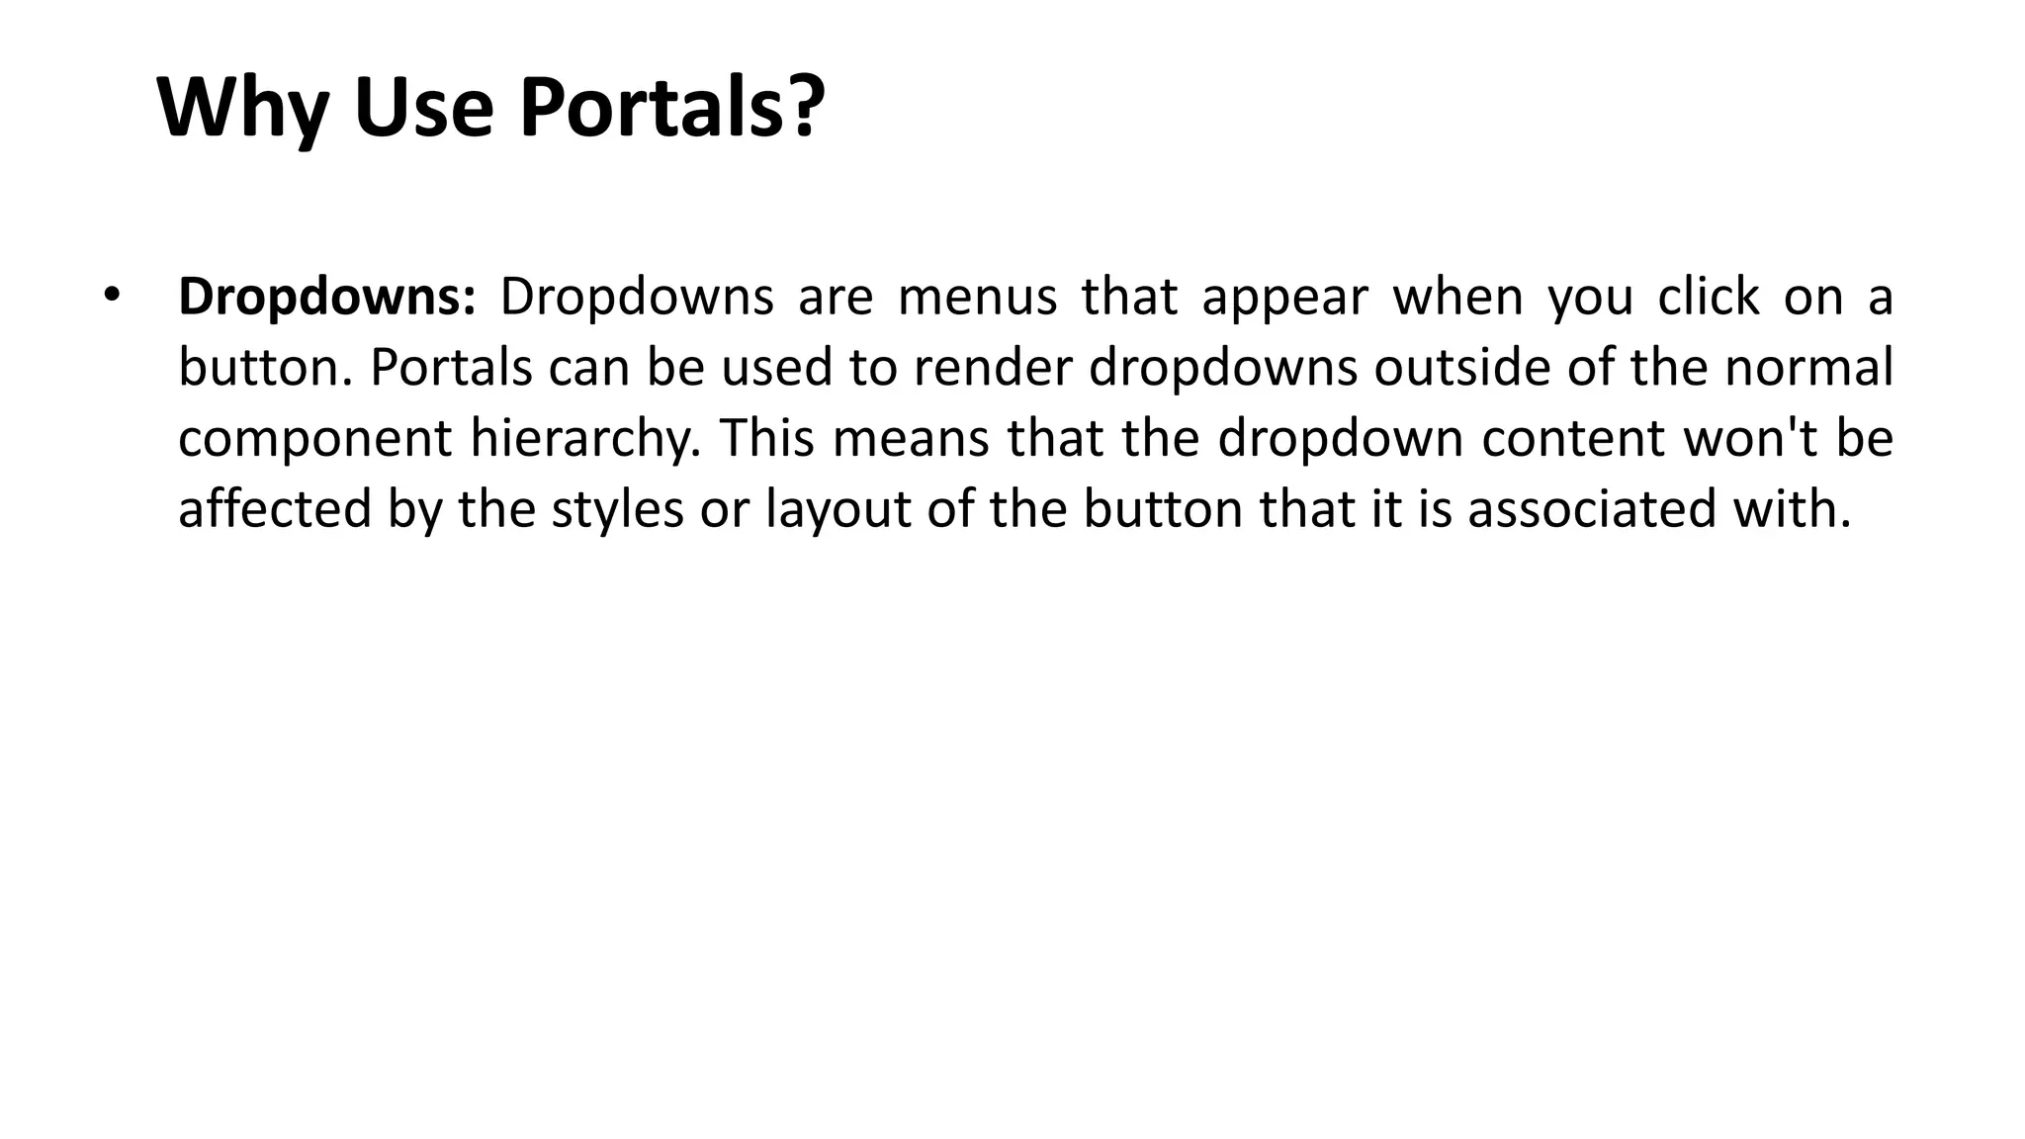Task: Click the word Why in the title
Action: (243, 108)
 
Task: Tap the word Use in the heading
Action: (423, 108)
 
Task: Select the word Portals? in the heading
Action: (672, 108)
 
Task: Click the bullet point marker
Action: (111, 295)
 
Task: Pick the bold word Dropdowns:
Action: (327, 298)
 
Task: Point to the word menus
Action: (977, 298)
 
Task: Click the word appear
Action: (1284, 298)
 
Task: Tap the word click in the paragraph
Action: (1708, 298)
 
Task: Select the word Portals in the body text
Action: (451, 368)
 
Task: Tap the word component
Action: (314, 439)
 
